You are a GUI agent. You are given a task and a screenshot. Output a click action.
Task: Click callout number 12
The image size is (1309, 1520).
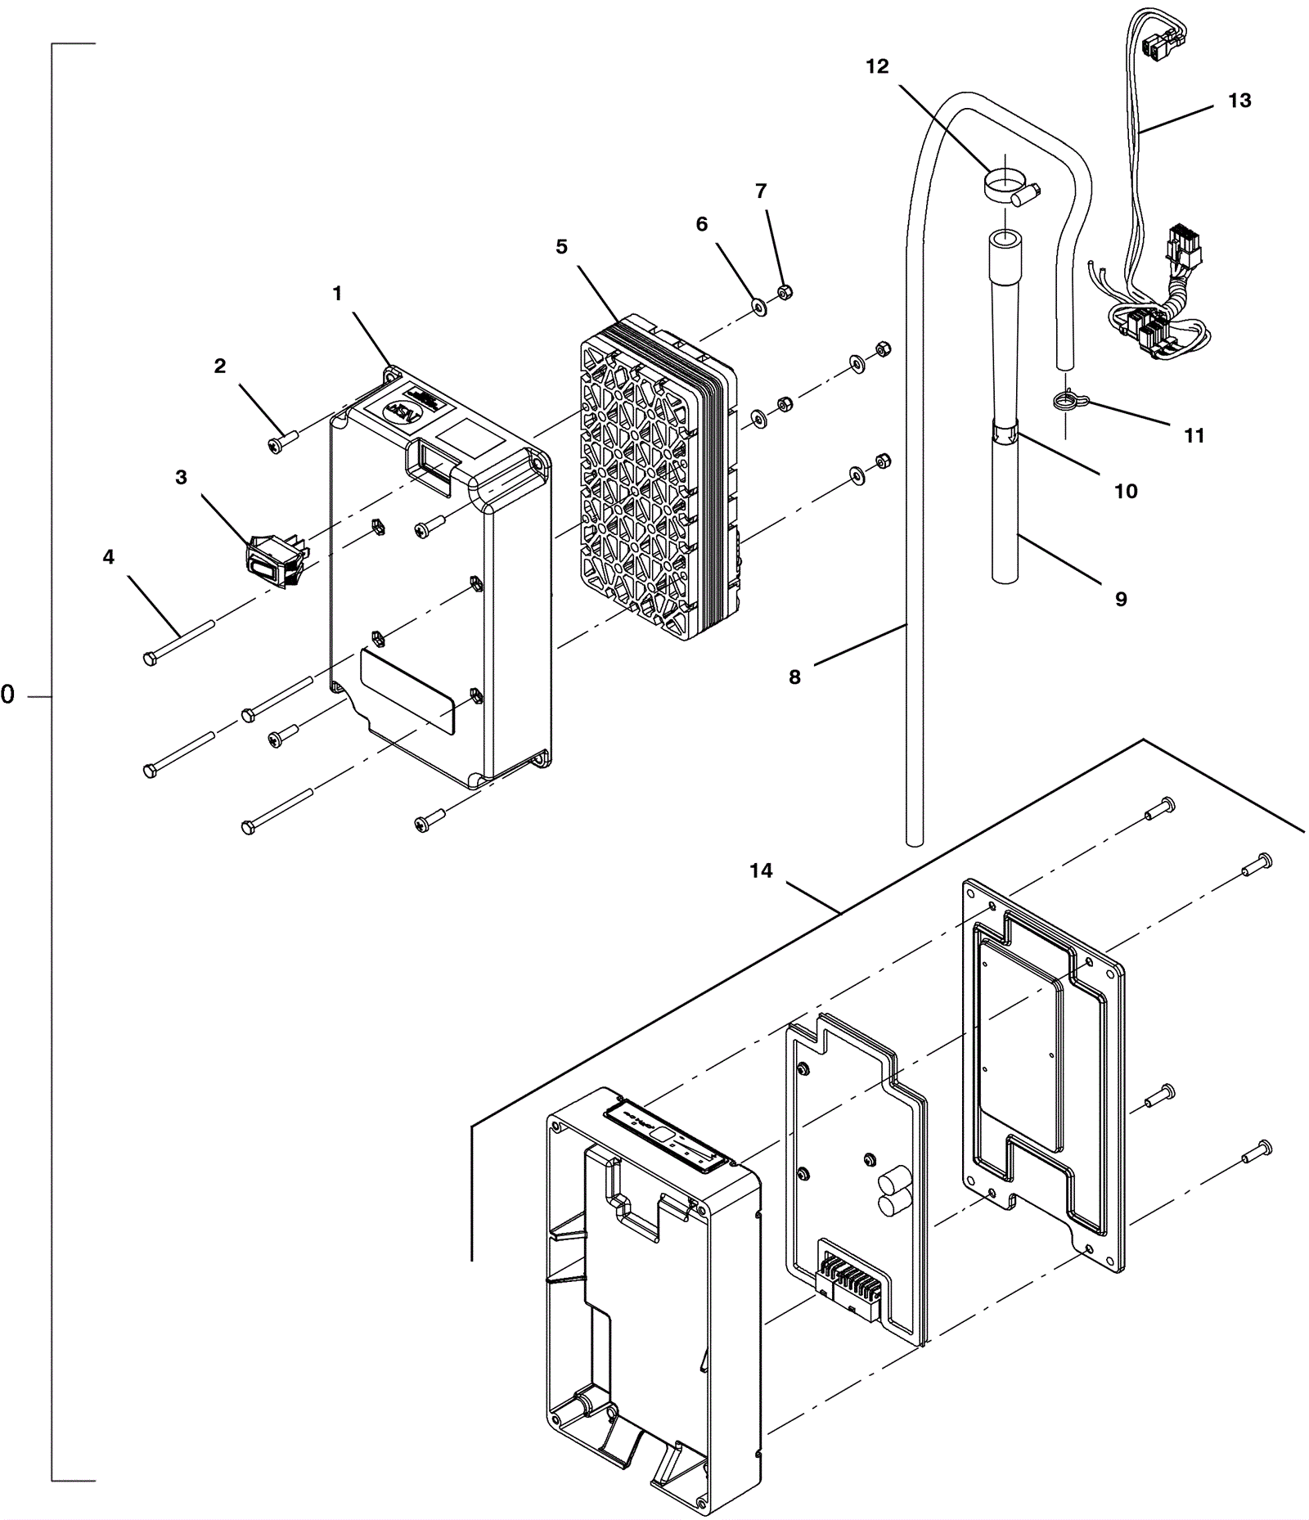point(876,66)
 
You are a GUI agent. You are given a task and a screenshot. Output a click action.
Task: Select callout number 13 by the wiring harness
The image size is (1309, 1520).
point(1239,101)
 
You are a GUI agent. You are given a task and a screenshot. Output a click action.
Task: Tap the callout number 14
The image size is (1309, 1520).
point(760,870)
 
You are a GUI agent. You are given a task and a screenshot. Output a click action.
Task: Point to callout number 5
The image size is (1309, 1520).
point(561,246)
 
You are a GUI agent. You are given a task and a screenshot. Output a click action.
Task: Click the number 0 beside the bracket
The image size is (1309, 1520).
point(8,695)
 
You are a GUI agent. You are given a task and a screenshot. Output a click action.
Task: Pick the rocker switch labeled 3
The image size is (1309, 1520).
point(276,562)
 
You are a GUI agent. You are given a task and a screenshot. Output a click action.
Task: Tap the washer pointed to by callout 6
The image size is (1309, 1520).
point(758,308)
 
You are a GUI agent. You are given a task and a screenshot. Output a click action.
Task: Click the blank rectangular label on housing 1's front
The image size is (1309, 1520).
point(407,692)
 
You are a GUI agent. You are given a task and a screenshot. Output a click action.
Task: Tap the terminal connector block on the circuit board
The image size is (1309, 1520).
point(851,1282)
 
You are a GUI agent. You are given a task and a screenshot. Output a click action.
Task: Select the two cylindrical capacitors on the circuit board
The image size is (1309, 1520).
point(893,1191)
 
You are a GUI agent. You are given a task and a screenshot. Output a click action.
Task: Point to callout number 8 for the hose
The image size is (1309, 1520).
point(794,677)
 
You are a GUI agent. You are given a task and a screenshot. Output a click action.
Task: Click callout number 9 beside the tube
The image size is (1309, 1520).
point(1120,600)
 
